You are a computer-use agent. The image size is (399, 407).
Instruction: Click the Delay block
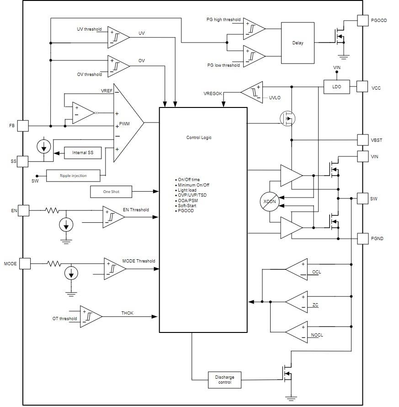coord(298,43)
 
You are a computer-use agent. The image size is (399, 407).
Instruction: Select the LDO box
coord(337,86)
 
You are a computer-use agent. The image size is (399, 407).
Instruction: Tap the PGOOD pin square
coord(362,20)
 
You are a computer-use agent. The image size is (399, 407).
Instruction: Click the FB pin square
coord(23,125)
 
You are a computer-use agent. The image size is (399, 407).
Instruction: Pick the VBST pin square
coord(362,140)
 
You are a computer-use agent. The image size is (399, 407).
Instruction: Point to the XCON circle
coord(269,201)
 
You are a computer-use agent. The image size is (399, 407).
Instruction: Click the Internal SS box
coord(83,153)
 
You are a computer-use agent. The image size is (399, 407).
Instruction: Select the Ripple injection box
coord(73,175)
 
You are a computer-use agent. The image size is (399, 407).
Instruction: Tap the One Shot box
coord(111,192)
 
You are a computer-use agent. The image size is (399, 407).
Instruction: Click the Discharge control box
coord(224,380)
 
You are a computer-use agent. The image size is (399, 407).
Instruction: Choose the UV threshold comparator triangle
coord(117,37)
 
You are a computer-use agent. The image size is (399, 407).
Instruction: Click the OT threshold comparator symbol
coord(90,316)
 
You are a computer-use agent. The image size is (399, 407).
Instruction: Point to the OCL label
coord(316,272)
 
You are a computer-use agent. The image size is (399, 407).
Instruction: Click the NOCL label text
coord(317,335)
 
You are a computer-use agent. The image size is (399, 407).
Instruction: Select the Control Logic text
coord(199,138)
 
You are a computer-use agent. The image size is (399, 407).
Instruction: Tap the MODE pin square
coord(24,263)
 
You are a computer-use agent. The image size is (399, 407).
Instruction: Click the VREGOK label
coord(213,93)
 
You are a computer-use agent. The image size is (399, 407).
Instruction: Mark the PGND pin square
coord(362,238)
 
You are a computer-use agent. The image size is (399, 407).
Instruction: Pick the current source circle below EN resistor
coord(66,225)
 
